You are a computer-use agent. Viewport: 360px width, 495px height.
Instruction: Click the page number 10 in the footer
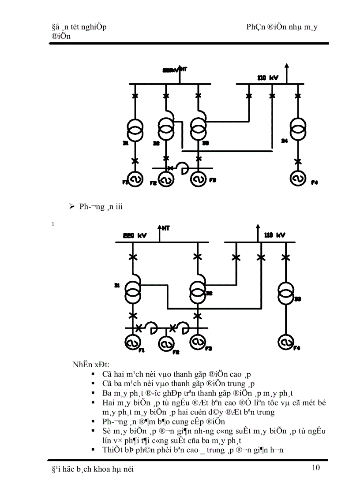click(x=315, y=468)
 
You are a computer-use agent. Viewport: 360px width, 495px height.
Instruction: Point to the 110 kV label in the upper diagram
click(x=268, y=78)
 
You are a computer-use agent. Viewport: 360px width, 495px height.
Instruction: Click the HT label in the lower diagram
click(x=166, y=228)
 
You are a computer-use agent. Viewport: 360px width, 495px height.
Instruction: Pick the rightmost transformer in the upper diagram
click(x=298, y=128)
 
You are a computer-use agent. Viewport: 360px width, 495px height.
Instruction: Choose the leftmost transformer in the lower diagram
click(x=133, y=292)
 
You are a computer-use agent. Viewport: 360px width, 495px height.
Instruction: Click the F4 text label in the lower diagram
click(x=297, y=348)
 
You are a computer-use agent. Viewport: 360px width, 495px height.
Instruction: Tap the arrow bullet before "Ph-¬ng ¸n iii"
click(x=72, y=207)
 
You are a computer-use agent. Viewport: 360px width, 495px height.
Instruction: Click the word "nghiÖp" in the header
click(x=93, y=27)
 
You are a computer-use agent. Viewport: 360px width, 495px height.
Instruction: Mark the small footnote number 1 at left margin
click(x=52, y=224)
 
